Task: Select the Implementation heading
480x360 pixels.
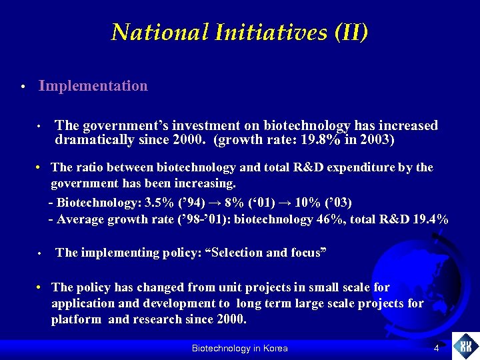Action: coord(93,85)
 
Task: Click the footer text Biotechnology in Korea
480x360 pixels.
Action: coord(239,348)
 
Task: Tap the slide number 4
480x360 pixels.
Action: coord(436,348)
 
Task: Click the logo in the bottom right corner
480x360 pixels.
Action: coord(465,346)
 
